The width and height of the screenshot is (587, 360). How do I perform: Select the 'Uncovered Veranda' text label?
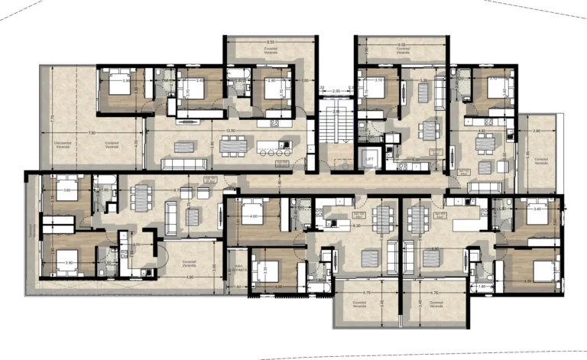[63, 143]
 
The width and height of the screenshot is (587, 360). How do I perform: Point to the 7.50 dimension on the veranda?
[92, 133]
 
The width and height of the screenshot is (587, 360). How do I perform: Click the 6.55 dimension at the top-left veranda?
[271, 43]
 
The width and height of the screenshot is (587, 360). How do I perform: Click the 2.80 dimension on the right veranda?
[536, 131]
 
